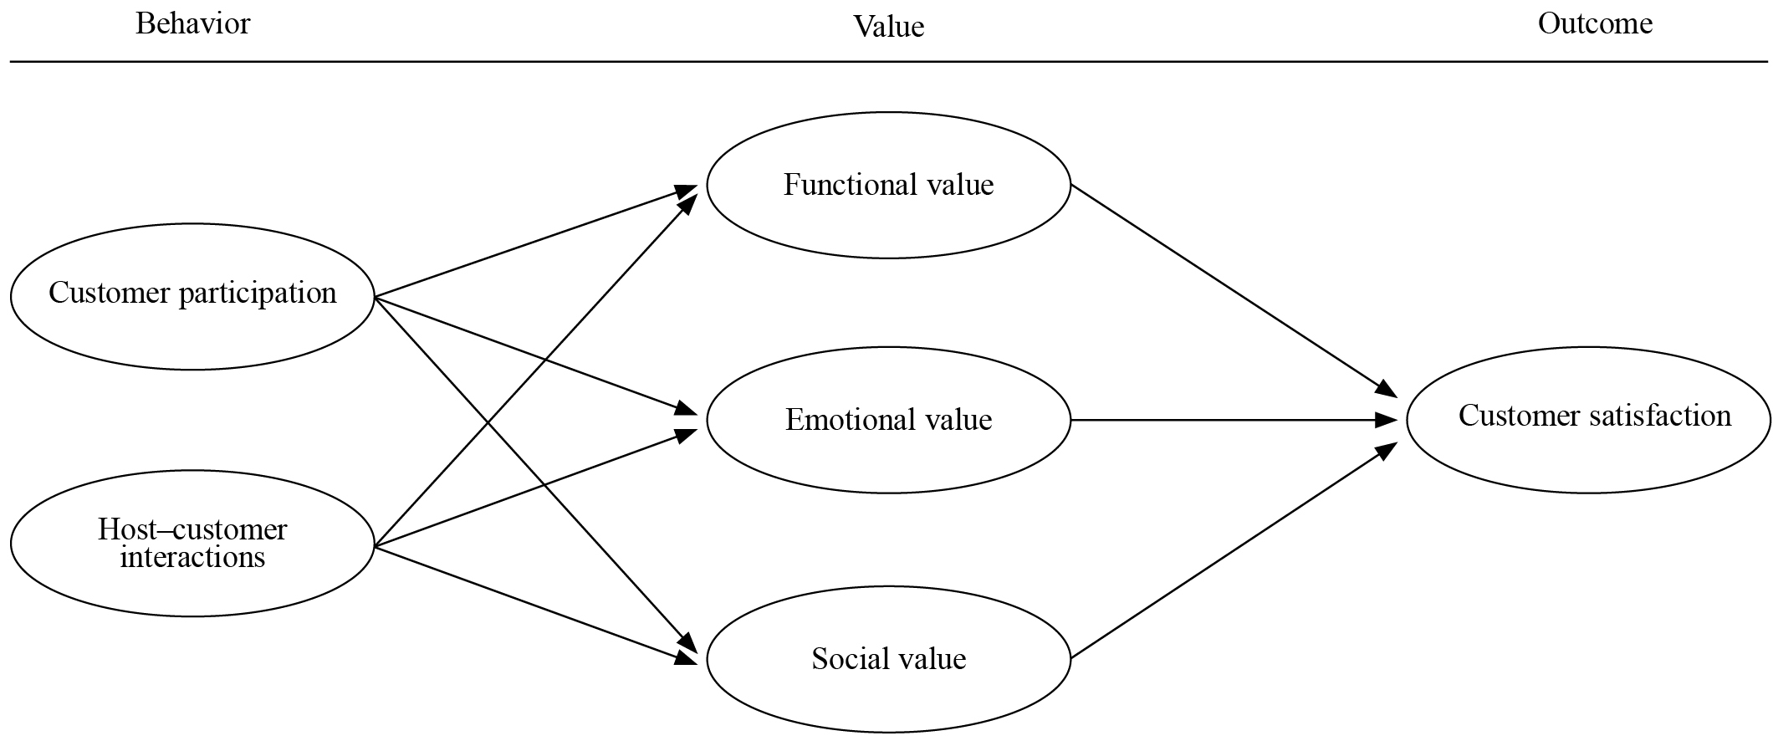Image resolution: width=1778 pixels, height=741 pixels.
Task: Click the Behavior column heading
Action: (192, 23)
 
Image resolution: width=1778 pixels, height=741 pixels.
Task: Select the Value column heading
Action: (888, 27)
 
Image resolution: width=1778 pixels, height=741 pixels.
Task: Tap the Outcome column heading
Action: (1595, 23)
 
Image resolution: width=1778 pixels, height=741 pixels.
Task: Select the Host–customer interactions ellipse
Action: (192, 585)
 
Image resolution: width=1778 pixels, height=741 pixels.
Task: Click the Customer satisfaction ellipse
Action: (1589, 456)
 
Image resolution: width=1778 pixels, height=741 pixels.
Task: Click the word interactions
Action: (192, 557)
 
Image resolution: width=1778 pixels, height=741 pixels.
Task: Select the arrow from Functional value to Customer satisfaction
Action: (1229, 289)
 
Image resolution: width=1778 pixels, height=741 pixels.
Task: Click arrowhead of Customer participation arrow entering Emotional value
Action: (688, 410)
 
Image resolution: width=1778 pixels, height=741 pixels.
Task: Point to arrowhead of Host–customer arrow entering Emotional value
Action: (688, 434)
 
